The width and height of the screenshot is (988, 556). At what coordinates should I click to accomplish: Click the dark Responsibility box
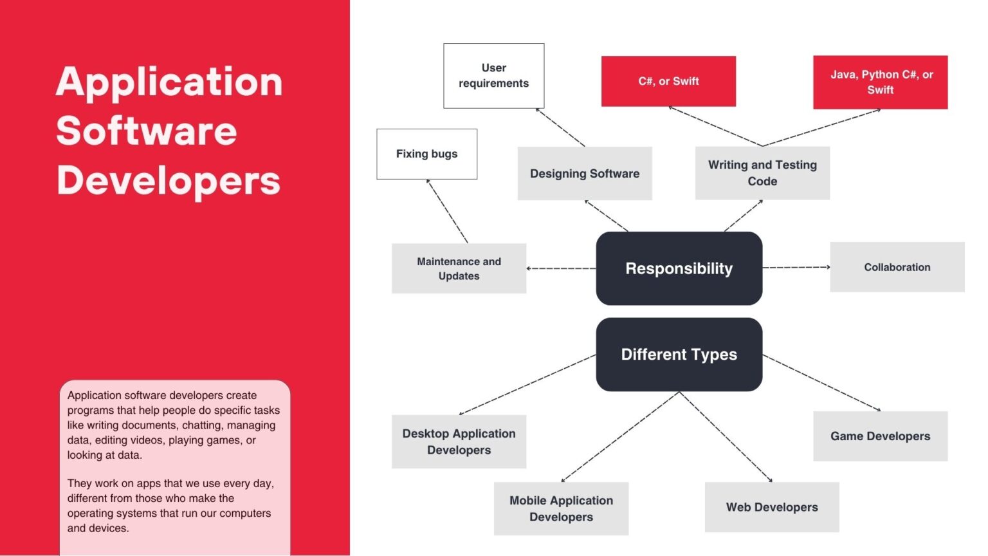[x=679, y=268]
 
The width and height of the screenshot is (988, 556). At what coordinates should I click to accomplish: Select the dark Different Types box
[x=679, y=355]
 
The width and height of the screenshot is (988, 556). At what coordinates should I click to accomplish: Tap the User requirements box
[x=493, y=76]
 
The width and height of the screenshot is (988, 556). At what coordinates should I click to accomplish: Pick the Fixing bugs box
[x=426, y=154]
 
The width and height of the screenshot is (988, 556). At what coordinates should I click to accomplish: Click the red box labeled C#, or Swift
[x=668, y=81]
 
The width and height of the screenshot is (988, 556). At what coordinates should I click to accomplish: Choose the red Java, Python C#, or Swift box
[x=880, y=82]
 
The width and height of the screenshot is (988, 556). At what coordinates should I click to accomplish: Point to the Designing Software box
[x=585, y=173]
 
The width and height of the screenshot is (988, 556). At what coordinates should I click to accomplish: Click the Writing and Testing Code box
[x=762, y=173]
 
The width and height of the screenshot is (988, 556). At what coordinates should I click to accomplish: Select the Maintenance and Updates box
[x=459, y=268]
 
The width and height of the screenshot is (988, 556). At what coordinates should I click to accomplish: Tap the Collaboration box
[x=897, y=267]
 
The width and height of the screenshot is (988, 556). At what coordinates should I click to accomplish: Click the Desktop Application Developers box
[x=459, y=441]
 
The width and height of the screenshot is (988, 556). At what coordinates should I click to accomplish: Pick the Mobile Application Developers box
[x=561, y=508]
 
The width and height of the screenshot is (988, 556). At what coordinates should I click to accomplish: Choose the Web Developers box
[x=772, y=507]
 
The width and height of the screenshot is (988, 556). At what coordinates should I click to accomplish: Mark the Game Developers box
[x=880, y=436]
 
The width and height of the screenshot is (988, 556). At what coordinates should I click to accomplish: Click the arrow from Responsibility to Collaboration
[x=796, y=267]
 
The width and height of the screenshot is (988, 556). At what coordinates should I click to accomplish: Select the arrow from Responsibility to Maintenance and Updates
[x=561, y=268]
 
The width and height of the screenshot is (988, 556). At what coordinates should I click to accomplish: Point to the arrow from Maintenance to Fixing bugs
[x=447, y=210]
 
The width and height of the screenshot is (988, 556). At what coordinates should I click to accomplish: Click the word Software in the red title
[x=147, y=131]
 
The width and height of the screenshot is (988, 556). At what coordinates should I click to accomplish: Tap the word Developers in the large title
[x=169, y=180]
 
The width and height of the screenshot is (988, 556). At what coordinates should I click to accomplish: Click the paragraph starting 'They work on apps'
[x=170, y=506]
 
